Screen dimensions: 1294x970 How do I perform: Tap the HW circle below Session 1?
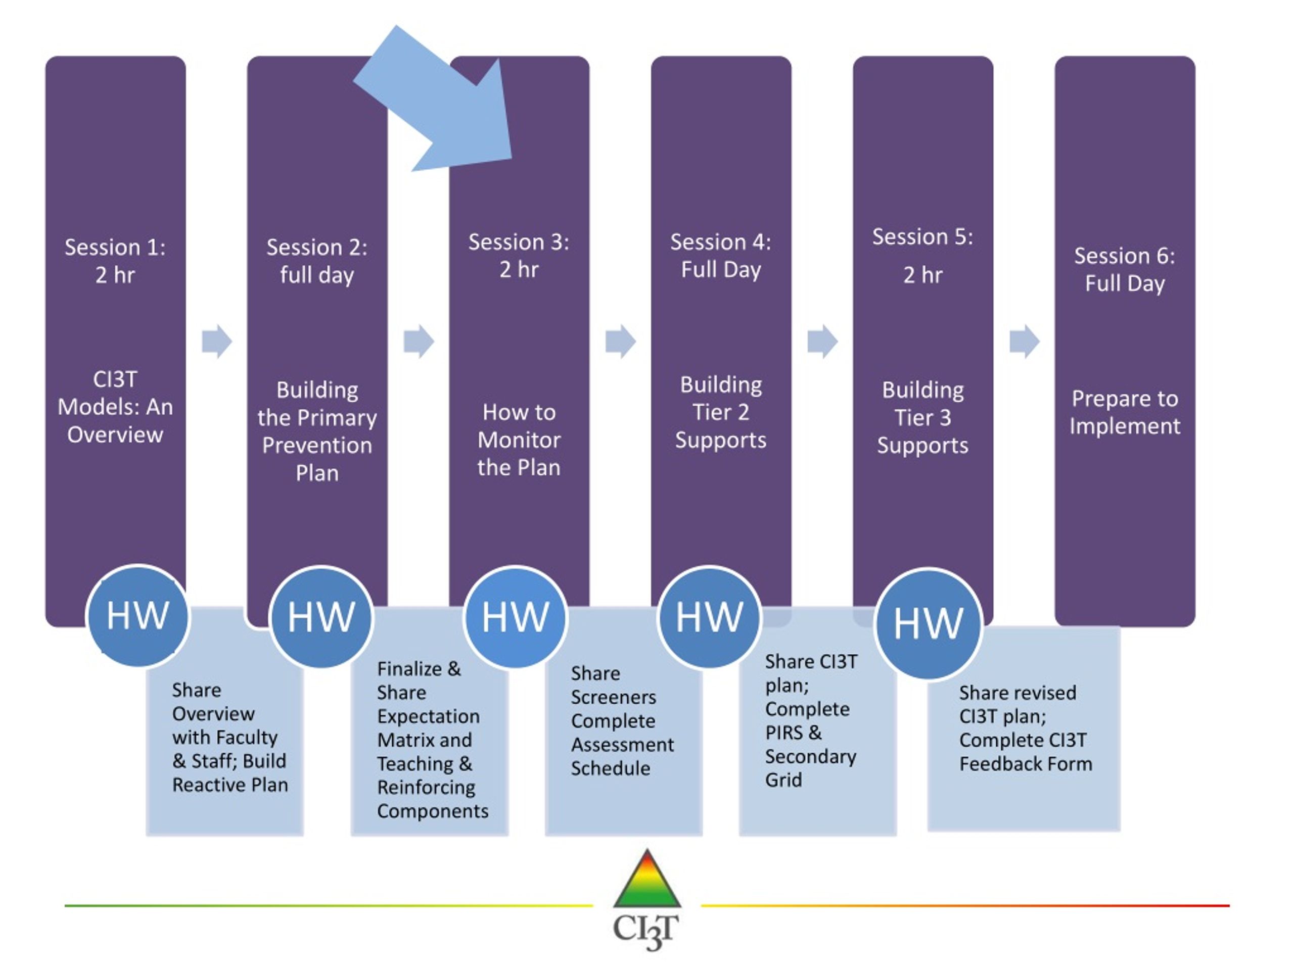coord(138,616)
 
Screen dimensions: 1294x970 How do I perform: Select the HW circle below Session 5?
coord(928,623)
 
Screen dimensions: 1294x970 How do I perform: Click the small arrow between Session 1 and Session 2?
coord(216,341)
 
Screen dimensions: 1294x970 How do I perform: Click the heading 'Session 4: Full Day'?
coord(721,256)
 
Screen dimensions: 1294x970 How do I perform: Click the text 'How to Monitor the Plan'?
coord(519,440)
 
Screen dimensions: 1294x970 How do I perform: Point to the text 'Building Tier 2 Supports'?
coord(721,412)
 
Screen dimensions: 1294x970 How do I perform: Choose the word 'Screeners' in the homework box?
coord(614,697)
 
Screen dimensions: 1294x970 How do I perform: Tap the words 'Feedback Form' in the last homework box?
coord(1026,763)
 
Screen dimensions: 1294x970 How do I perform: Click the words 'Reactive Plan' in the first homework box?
coord(230,785)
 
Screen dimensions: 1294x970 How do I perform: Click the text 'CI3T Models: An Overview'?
coord(115,407)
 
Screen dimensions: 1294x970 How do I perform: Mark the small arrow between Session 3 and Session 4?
coord(621,341)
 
